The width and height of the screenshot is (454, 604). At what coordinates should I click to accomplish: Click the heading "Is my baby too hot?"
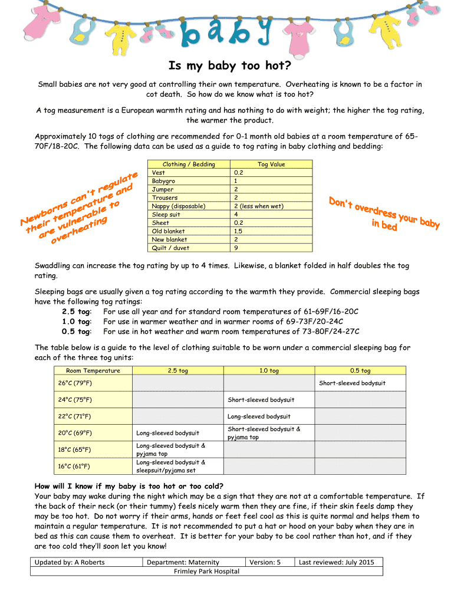click(x=230, y=65)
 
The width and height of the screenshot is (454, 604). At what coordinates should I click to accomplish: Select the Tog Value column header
click(x=271, y=165)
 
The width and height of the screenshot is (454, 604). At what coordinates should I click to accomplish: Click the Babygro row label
click(x=164, y=181)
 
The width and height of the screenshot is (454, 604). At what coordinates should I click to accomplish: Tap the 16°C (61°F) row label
click(x=74, y=466)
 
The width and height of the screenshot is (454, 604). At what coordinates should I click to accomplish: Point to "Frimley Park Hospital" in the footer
click(x=206, y=571)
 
